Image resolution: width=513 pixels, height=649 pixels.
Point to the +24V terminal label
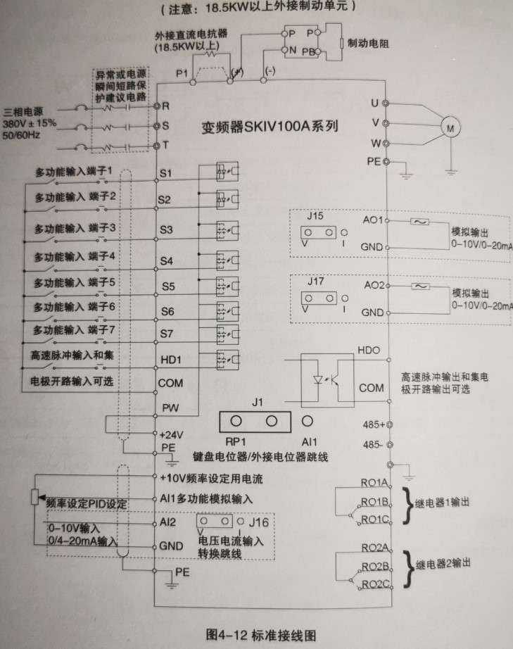tap(172, 434)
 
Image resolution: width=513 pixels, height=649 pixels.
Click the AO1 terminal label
tap(372, 220)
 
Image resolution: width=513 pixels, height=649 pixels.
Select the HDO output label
tap(369, 349)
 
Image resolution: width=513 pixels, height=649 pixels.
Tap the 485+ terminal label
tap(372, 425)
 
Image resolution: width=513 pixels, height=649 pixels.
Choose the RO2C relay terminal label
tap(376, 584)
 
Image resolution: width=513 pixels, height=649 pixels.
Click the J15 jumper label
tap(315, 216)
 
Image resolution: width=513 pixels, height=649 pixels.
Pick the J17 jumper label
tap(315, 282)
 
